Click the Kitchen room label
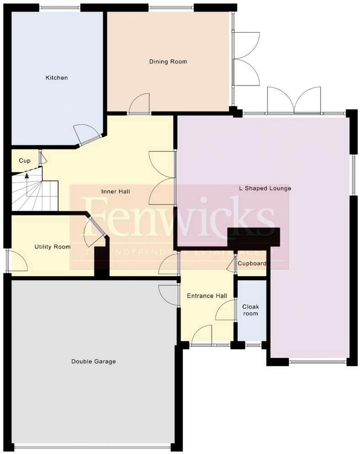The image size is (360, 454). click(56, 78)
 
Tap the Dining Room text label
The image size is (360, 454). click(168, 62)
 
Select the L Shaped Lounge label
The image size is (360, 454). click(265, 188)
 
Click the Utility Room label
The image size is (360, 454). click(53, 247)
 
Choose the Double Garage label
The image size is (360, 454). click(93, 362)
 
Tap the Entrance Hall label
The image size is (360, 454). click(207, 296)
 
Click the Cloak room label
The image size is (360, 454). click(250, 310)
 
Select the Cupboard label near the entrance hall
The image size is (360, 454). click(252, 264)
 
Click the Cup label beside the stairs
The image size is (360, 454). click(25, 161)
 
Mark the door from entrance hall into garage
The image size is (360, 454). click(168, 294)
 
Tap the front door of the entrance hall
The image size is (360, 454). click(202, 336)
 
